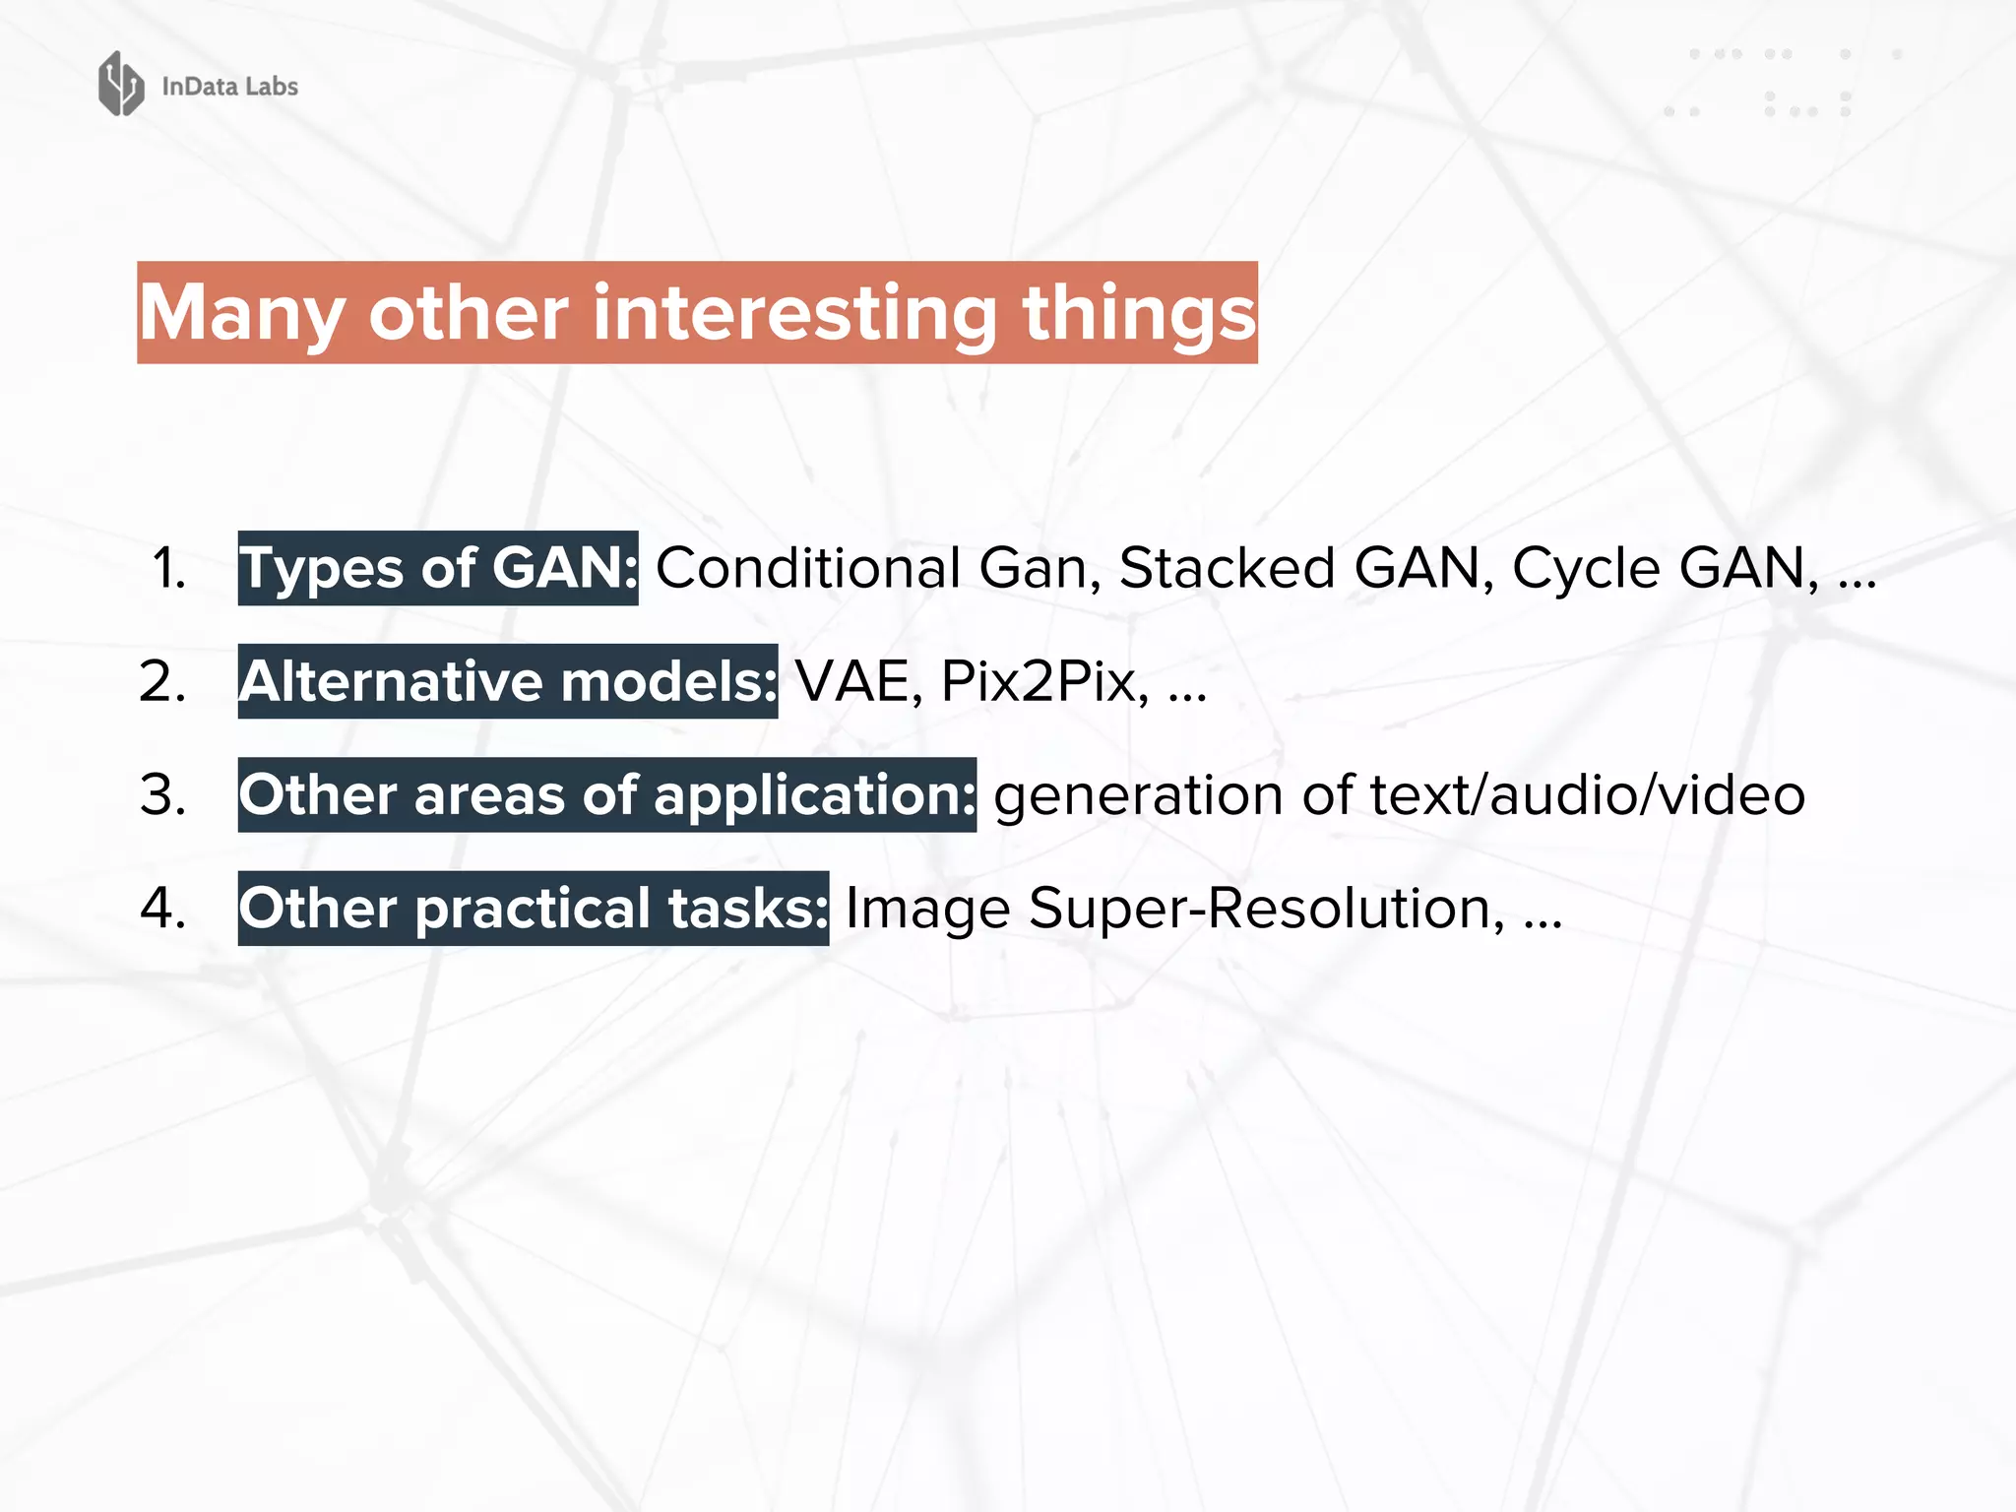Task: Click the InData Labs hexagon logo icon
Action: point(121,84)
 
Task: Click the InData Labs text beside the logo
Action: point(229,87)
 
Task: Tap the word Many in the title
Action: point(241,313)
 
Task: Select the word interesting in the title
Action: point(795,313)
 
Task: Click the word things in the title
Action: point(1139,313)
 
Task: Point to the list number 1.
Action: point(168,569)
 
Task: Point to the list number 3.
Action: point(163,794)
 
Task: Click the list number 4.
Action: point(163,908)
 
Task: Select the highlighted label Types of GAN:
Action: point(438,568)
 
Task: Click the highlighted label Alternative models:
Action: point(508,681)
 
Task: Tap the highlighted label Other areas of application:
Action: point(607,794)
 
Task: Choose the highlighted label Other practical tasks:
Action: point(534,908)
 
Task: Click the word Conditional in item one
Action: point(807,568)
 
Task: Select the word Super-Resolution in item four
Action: point(1266,908)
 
